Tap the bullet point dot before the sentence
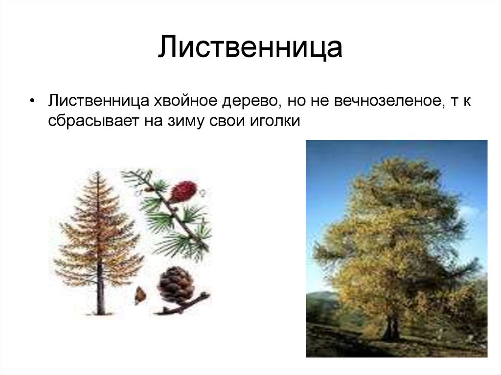click(32, 101)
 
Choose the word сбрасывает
click(93, 121)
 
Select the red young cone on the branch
click(183, 191)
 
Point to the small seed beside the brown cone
click(140, 295)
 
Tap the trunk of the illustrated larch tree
click(100, 293)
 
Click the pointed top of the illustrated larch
click(97, 174)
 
